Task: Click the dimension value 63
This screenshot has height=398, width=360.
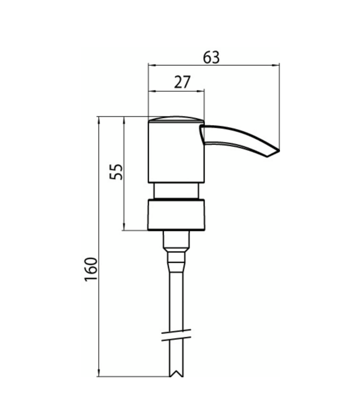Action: (x=211, y=58)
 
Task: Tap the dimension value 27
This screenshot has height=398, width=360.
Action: (x=182, y=82)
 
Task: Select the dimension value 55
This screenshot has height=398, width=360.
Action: (x=116, y=172)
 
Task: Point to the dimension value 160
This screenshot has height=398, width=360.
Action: (x=91, y=269)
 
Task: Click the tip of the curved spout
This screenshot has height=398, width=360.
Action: (x=279, y=151)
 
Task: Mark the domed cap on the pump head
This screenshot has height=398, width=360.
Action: (x=176, y=119)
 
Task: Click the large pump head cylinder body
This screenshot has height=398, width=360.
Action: (x=176, y=152)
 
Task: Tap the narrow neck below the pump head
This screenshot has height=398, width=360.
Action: (x=176, y=190)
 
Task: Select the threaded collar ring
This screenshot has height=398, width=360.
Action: (x=176, y=215)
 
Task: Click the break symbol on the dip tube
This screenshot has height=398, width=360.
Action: (x=176, y=335)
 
